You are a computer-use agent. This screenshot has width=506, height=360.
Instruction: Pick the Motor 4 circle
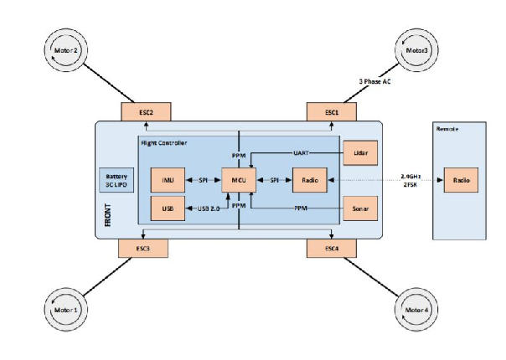(x=416, y=311)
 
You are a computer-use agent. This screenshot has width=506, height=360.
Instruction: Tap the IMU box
(x=168, y=180)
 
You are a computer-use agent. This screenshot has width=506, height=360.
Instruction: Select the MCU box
(x=239, y=180)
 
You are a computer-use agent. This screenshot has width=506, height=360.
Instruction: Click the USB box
(x=168, y=207)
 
